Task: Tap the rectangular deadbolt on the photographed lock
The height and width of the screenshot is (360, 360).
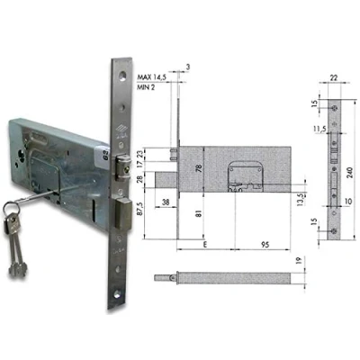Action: click(123, 213)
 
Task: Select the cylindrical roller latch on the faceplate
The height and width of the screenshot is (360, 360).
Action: click(123, 166)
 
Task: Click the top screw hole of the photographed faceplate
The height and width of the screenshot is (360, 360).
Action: click(122, 76)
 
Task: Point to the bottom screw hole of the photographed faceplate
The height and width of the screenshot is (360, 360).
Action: click(117, 293)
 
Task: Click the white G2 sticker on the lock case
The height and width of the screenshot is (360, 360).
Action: click(103, 156)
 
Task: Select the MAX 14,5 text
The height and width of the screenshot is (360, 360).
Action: click(152, 77)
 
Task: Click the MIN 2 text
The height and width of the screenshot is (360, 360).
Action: click(146, 87)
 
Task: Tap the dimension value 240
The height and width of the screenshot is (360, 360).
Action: click(348, 173)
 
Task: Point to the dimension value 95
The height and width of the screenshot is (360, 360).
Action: click(265, 245)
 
